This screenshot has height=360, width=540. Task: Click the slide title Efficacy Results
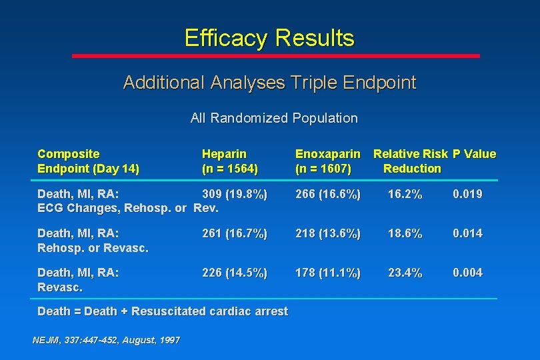point(269,38)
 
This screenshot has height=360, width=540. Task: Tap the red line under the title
point(275,56)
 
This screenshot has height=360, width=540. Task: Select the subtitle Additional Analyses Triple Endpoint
point(269,83)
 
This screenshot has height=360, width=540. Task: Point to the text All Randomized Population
point(273,118)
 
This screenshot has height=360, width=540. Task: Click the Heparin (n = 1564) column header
point(229,161)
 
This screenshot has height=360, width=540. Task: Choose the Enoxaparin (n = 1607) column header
point(327,161)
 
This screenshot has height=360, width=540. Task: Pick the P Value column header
point(475,154)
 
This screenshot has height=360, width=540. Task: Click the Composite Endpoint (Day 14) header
point(88,161)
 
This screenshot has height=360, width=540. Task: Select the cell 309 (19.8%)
point(235,194)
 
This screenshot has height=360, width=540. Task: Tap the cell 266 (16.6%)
point(328,194)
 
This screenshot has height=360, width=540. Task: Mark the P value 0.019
point(467,194)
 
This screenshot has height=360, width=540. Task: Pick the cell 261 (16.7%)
point(235,233)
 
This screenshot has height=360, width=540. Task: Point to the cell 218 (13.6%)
point(328,233)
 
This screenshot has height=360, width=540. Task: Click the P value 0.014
point(467,233)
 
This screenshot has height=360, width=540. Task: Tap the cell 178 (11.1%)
point(328,273)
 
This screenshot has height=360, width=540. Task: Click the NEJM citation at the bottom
point(106,340)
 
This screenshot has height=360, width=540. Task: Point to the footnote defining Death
point(163,311)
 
